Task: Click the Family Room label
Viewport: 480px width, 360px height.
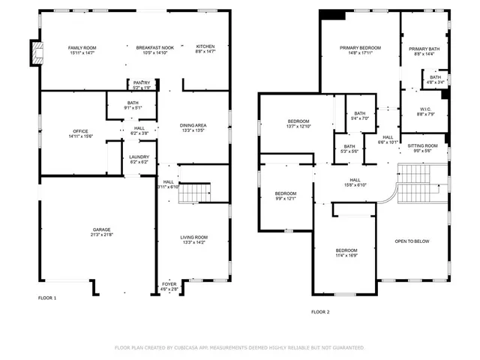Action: (x=82, y=47)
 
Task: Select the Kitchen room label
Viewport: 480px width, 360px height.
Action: (x=205, y=47)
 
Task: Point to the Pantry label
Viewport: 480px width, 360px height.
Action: (x=142, y=82)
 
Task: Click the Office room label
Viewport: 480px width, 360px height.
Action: (x=79, y=131)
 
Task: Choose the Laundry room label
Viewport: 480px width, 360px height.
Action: (x=139, y=157)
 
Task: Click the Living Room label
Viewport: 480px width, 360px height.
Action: (x=193, y=238)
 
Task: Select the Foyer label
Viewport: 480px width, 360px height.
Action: (x=169, y=283)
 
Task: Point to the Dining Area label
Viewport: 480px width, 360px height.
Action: (x=193, y=125)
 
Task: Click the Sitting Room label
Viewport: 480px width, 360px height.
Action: (x=422, y=145)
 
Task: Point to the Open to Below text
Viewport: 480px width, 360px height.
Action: (x=412, y=241)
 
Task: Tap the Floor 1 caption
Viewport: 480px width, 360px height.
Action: (x=47, y=298)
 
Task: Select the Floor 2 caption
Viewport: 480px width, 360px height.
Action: (x=320, y=311)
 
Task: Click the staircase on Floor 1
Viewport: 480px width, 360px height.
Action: (x=193, y=191)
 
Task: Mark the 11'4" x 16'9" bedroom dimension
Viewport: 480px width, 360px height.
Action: (x=346, y=255)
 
